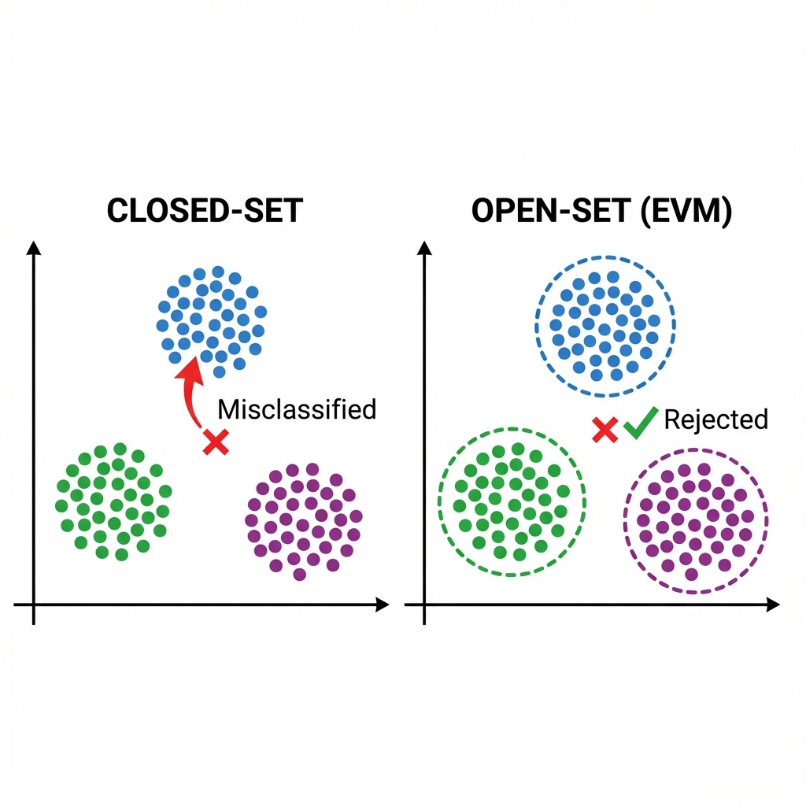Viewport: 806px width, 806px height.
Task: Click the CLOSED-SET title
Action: tap(204, 212)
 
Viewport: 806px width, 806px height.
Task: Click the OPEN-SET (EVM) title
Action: tap(601, 212)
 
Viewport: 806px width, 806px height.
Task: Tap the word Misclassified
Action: tap(297, 409)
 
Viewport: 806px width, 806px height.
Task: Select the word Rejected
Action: tap(715, 420)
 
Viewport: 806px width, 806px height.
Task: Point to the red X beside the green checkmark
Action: tap(604, 429)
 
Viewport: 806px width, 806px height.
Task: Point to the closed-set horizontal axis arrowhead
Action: tap(383, 604)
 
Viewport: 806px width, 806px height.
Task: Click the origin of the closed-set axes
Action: tap(33, 604)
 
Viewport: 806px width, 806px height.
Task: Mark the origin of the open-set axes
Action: tap(425, 604)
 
